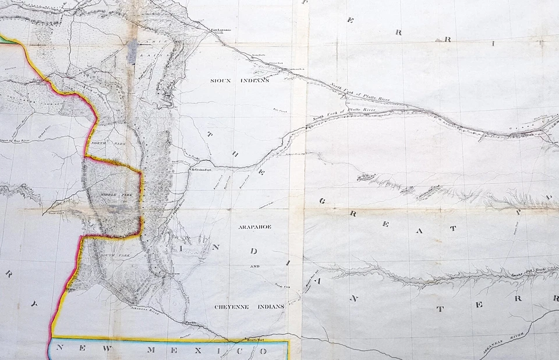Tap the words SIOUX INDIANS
tap(239, 80)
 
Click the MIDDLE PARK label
tap(111, 193)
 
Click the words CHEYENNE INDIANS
tap(249, 306)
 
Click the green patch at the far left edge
tap(7, 39)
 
